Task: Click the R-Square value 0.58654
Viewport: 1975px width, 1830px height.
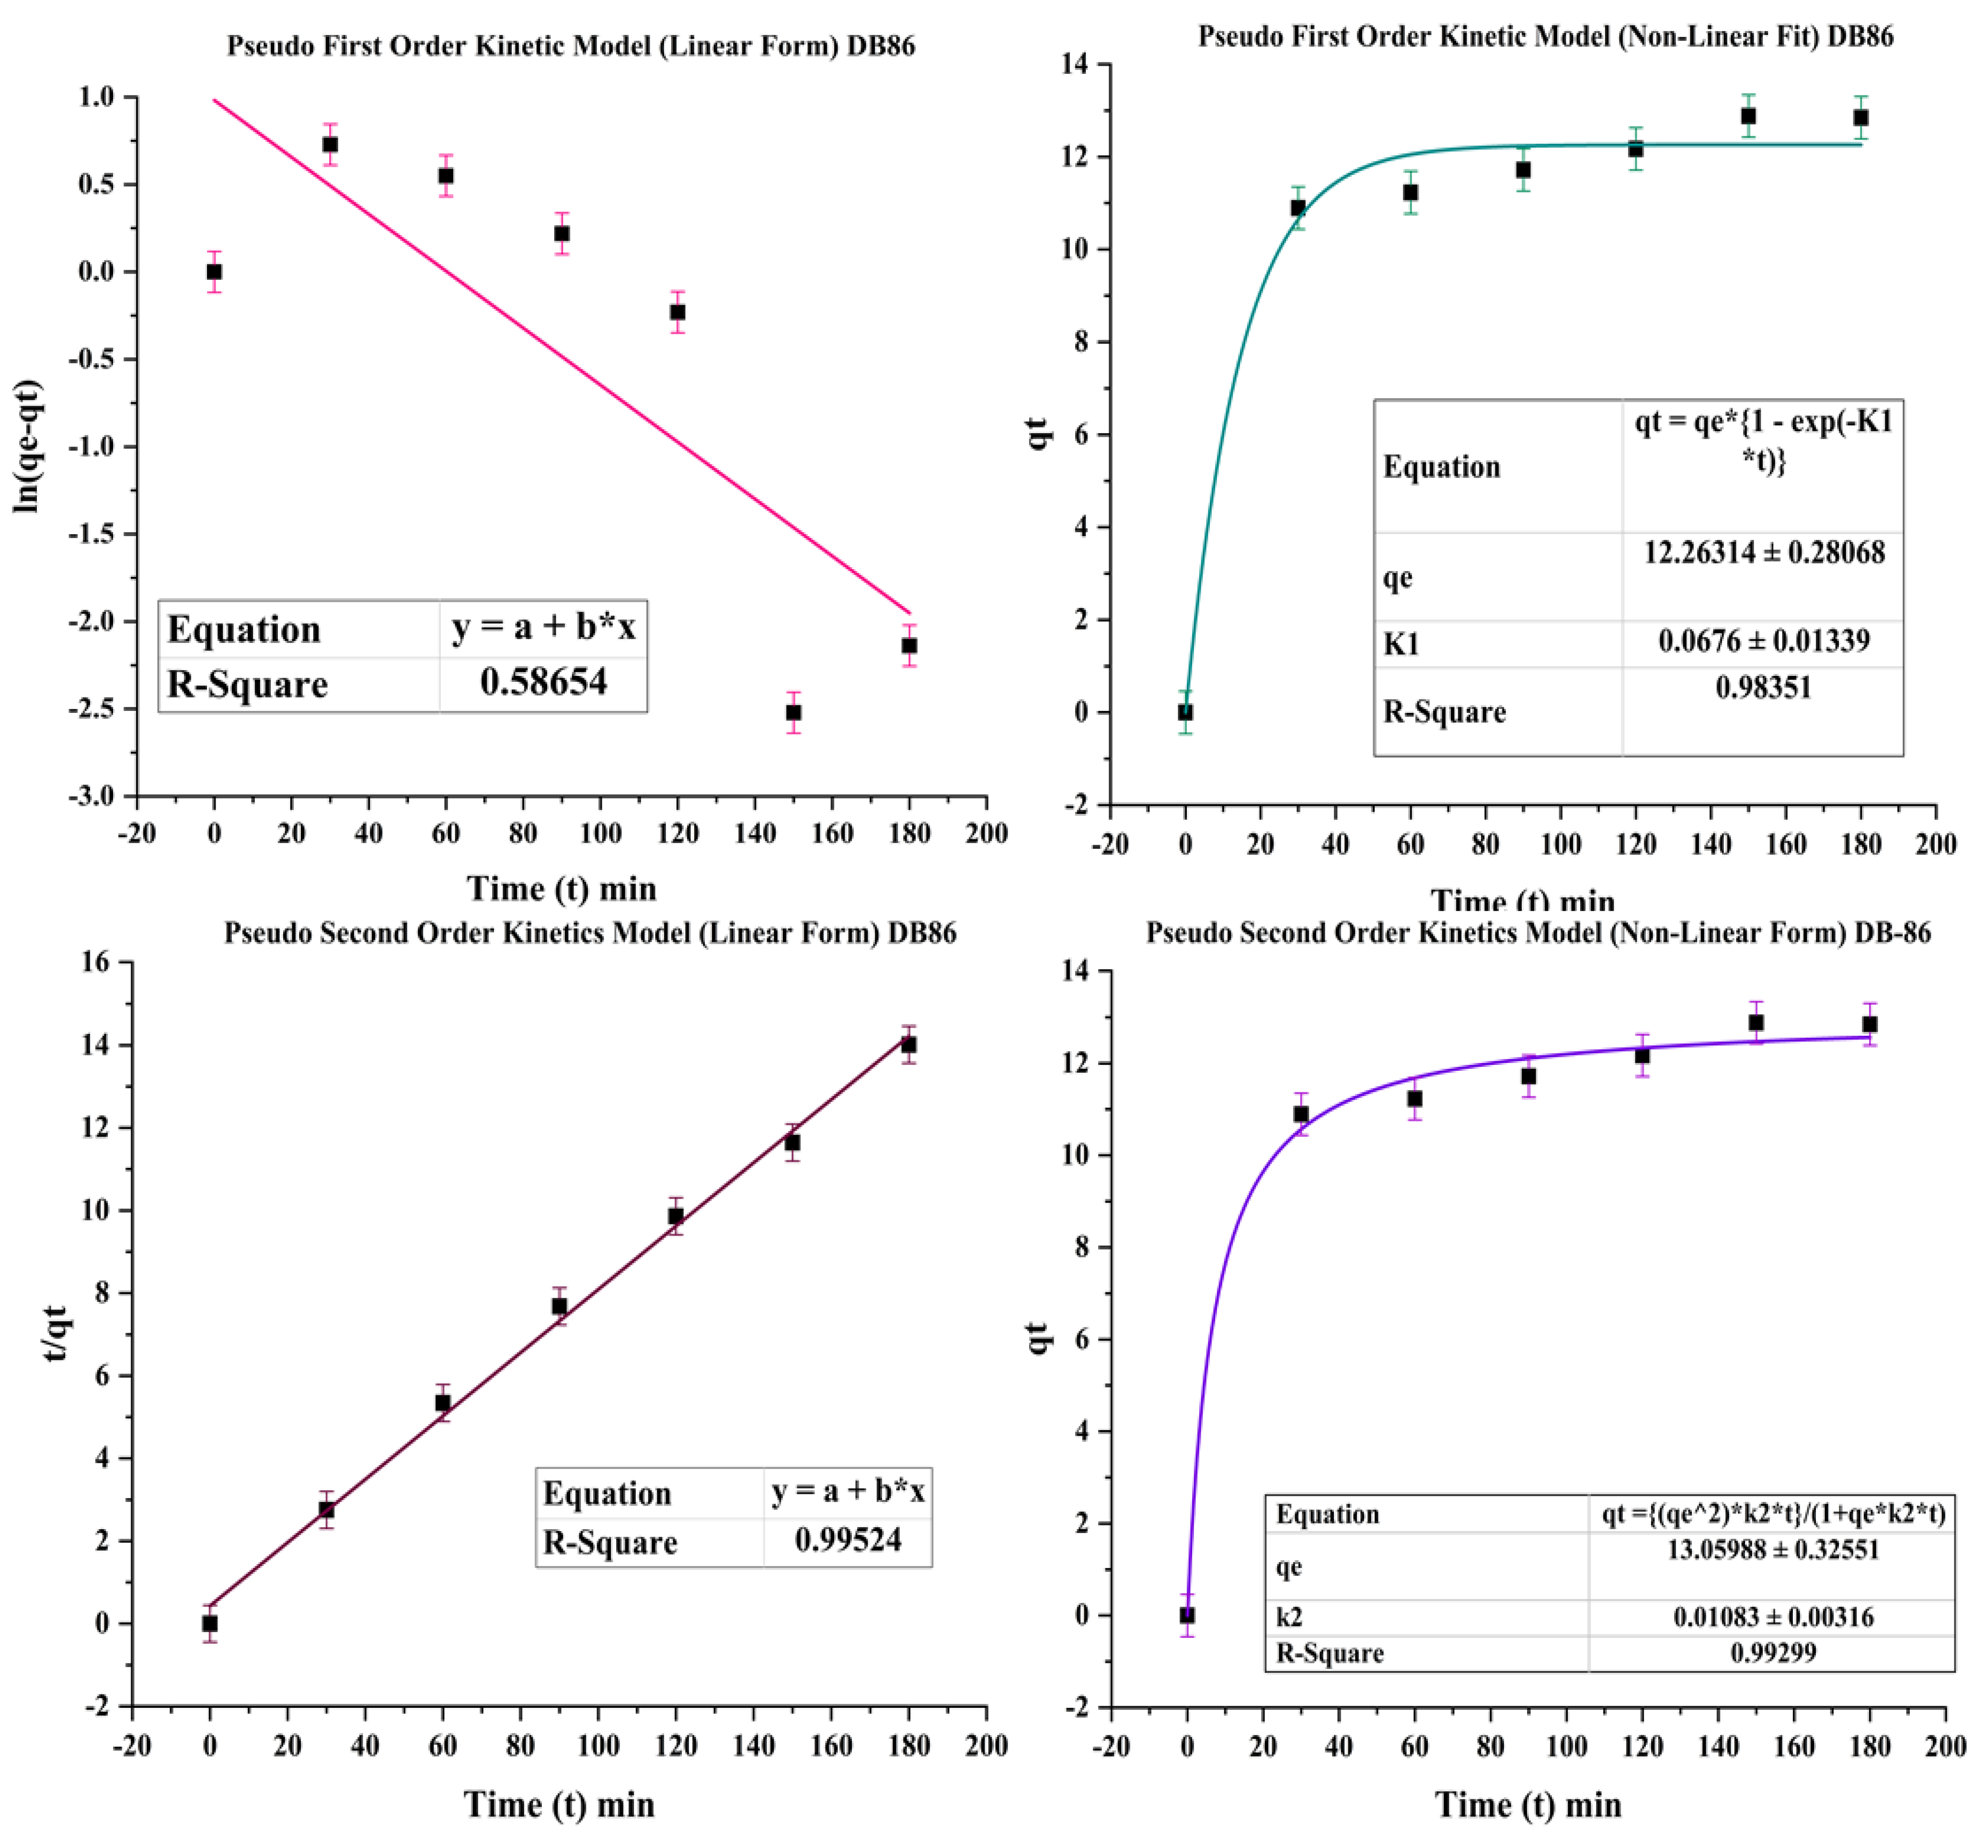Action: pos(543,682)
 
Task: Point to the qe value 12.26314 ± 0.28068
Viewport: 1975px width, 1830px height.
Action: pos(1763,552)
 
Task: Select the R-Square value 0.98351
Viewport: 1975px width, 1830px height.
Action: pos(1763,687)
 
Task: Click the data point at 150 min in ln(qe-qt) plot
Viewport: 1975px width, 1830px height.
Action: pos(792,712)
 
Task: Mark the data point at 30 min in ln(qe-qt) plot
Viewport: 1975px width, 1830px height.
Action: pos(330,145)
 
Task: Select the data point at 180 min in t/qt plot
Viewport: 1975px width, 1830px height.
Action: pos(908,1045)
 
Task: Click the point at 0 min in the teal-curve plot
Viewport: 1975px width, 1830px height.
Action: pos(1184,712)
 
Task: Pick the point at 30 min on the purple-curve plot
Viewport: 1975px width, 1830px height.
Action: pos(1300,1114)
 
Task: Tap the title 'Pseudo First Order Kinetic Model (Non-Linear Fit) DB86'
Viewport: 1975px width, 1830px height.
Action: pos(1545,36)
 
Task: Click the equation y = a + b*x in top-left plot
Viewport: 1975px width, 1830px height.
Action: pos(543,628)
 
